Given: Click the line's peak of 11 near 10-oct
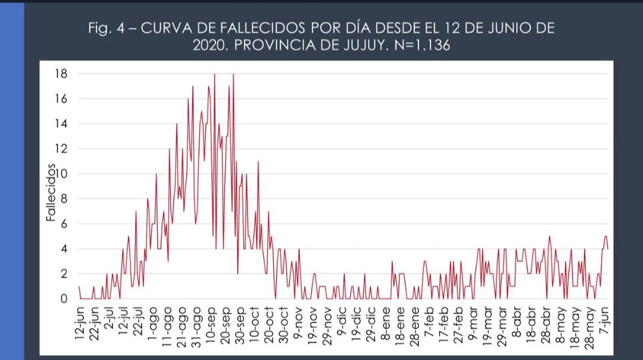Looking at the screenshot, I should coord(258,161).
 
